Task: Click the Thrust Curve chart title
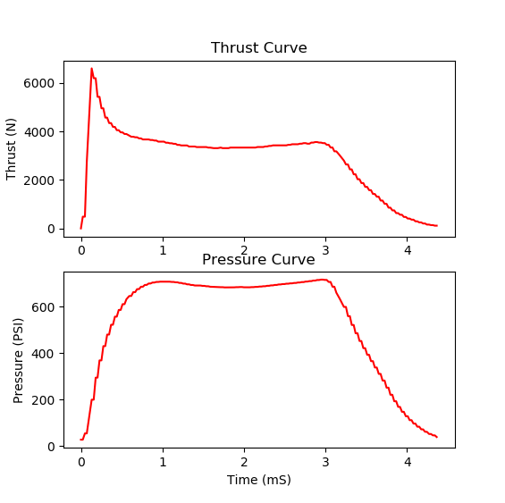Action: pyautogui.click(x=259, y=48)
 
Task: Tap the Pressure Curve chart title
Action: pyautogui.click(x=258, y=260)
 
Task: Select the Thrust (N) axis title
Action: pyautogui.click(x=11, y=149)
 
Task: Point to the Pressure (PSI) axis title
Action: pyautogui.click(x=18, y=360)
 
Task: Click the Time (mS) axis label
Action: pyautogui.click(x=259, y=480)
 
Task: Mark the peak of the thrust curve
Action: pyautogui.click(x=91, y=68)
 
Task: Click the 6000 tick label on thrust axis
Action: pyautogui.click(x=39, y=83)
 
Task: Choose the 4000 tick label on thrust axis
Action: pyautogui.click(x=39, y=132)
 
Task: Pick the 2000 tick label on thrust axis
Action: pyautogui.click(x=39, y=180)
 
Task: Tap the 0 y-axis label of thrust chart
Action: pyautogui.click(x=51, y=229)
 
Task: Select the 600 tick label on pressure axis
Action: pyautogui.click(x=43, y=307)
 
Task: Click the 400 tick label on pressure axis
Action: pyautogui.click(x=43, y=354)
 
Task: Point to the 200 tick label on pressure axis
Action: pyautogui.click(x=43, y=400)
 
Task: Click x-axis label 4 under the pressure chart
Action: pyautogui.click(x=408, y=462)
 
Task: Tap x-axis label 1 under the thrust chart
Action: pyautogui.click(x=163, y=250)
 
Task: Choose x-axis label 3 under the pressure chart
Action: pyautogui.click(x=325, y=462)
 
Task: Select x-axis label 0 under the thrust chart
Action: pyautogui.click(x=81, y=250)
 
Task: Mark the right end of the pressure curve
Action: pyautogui.click(x=437, y=437)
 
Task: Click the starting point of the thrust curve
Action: pyautogui.click(x=80, y=229)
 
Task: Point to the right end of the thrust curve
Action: pyautogui.click(x=437, y=226)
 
